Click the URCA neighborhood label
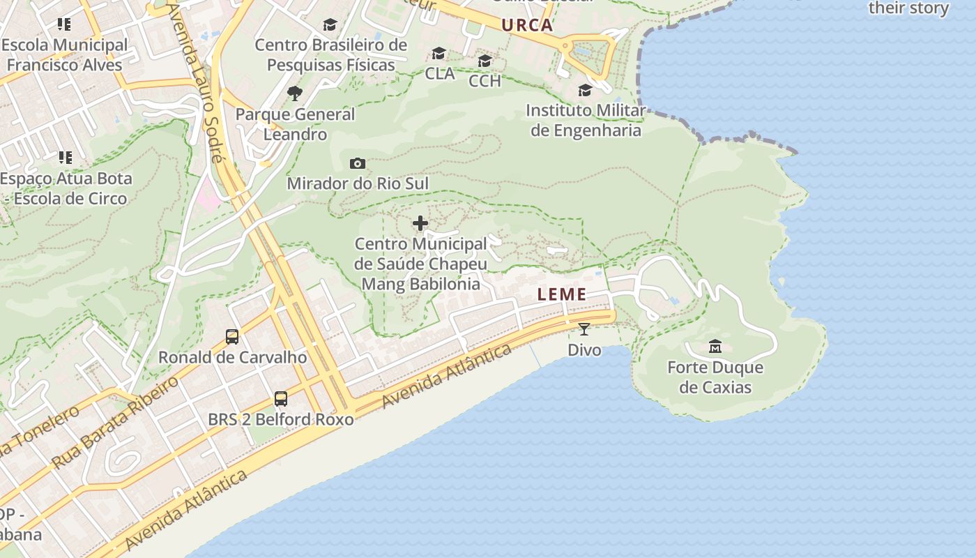[x=527, y=26]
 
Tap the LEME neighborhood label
[x=562, y=295]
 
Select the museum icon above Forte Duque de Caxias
[x=715, y=346]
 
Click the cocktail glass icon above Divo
[x=584, y=329]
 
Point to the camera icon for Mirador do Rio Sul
[x=358, y=163]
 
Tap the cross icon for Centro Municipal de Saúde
[x=420, y=223]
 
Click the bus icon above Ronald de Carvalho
[x=232, y=337]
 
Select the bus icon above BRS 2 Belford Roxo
[x=281, y=398]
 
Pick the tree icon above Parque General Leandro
[x=295, y=93]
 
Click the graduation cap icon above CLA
[x=439, y=53]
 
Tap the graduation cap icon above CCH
[x=485, y=61]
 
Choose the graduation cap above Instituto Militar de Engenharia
[x=586, y=90]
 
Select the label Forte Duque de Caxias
[x=715, y=377]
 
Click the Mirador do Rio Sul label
[x=358, y=183]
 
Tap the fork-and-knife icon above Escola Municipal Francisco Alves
[x=64, y=24]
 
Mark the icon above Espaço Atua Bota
[x=65, y=158]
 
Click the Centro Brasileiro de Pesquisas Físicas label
[x=330, y=55]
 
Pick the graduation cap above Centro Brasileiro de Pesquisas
[x=330, y=24]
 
